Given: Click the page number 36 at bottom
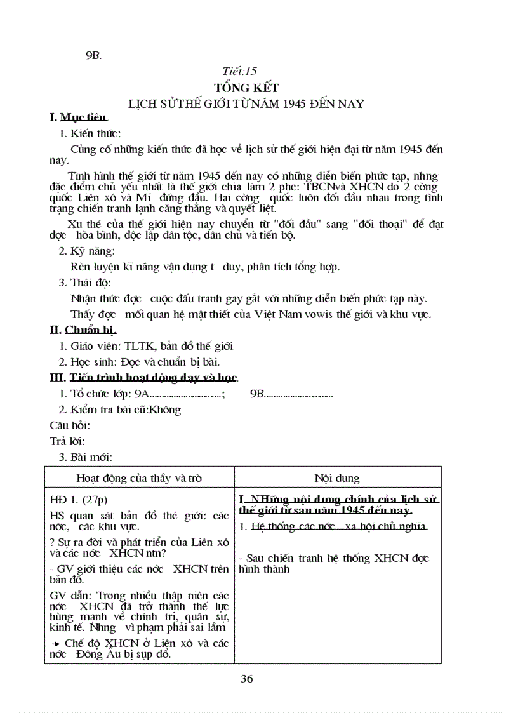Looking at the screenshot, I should pos(247,679).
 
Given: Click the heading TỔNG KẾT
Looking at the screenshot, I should pos(246,88).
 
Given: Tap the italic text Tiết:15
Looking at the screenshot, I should pos(239,71).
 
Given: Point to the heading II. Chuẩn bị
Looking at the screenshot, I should pos(83,330).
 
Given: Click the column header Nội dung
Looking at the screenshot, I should pos(337,478).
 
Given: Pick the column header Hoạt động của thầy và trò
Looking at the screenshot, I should pos(139,478).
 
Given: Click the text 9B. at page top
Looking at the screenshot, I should pos(93,56).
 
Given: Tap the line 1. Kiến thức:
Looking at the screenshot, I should pos(90,133).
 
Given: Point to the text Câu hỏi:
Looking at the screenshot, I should pos(70,425).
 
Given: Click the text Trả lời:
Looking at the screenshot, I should pos(67,441).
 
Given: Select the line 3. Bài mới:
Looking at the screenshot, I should pos(86,457).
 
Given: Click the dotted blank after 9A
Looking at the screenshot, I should pos(186,394).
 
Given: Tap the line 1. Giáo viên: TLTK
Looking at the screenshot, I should pos(146,346).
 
